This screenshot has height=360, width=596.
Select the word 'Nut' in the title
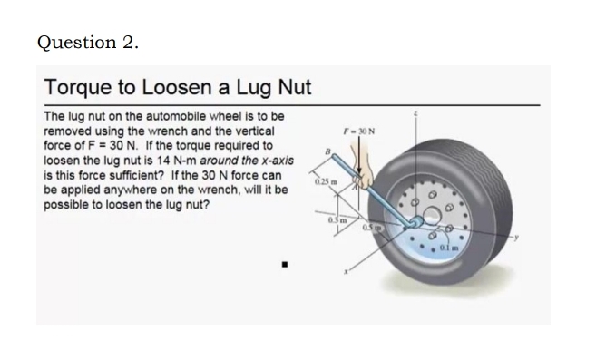[x=291, y=88]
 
